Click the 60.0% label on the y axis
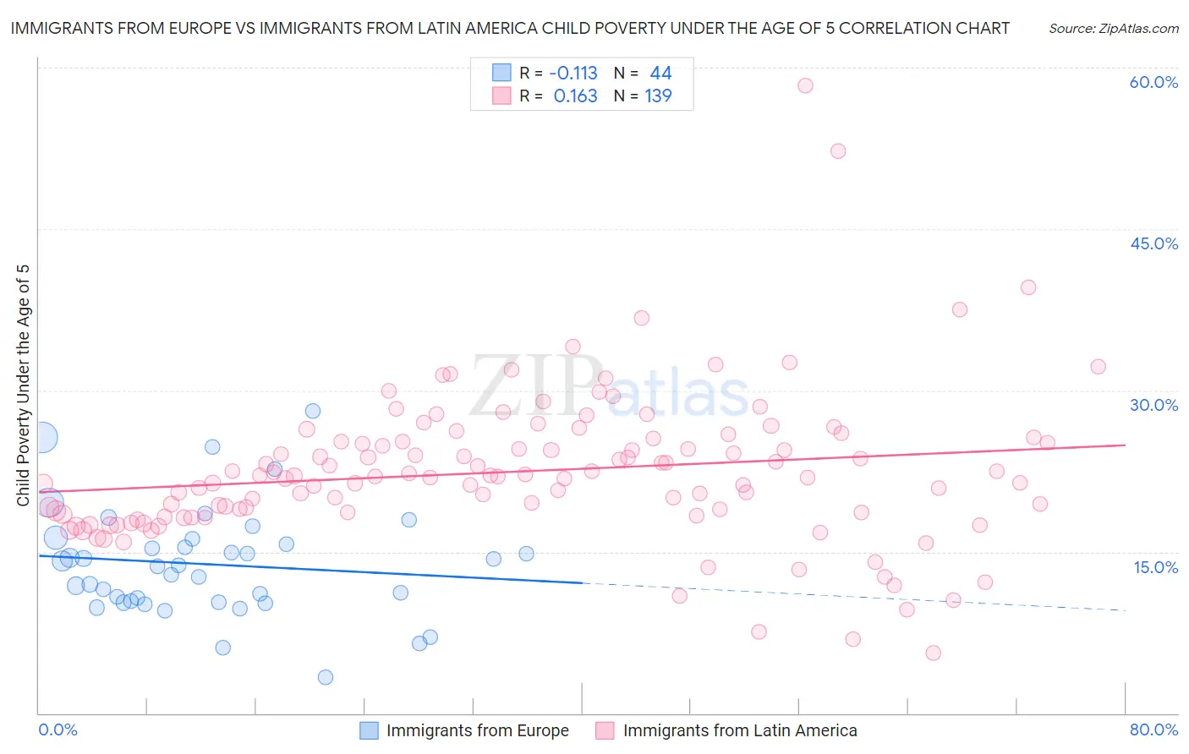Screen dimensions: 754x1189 1153,82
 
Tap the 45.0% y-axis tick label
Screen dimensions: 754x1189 1153,243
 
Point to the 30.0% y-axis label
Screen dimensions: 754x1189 1153,405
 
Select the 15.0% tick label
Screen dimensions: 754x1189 1155,566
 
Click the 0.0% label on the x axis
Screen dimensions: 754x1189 58,729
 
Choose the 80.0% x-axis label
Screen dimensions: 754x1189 1153,729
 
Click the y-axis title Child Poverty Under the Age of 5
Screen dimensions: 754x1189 23,385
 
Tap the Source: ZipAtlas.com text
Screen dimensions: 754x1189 1113,29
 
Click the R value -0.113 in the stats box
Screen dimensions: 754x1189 573,74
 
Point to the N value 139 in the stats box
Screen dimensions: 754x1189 658,96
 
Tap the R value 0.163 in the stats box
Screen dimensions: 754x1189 575,96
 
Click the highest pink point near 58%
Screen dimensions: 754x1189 805,85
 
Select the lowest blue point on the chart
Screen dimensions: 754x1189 326,677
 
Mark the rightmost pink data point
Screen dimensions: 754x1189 1098,367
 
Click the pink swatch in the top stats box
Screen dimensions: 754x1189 502,96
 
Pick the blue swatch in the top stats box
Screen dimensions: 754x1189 502,74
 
